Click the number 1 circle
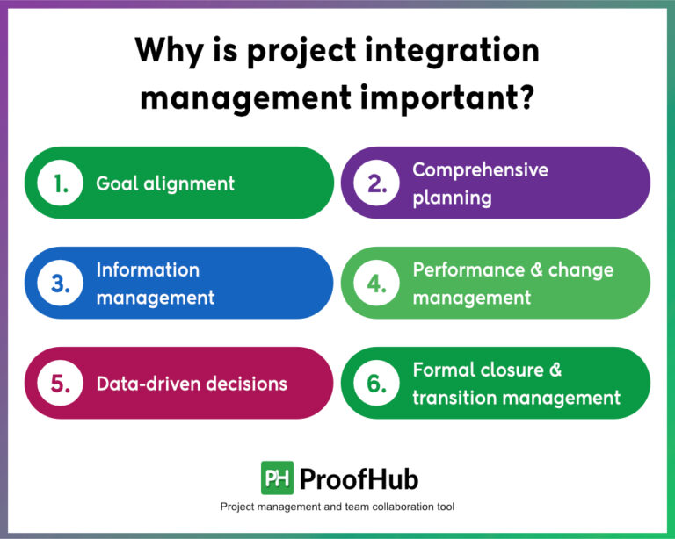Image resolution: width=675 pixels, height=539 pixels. (x=61, y=183)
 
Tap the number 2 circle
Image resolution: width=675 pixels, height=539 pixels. (x=377, y=183)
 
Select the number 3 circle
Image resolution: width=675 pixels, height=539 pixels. (x=61, y=283)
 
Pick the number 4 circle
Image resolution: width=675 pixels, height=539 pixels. (x=377, y=283)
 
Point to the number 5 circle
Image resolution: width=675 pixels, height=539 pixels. (x=61, y=383)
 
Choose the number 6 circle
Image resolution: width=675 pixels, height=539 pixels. (x=377, y=383)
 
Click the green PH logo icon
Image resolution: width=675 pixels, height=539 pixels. (x=277, y=478)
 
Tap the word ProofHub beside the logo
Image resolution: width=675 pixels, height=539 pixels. (x=359, y=479)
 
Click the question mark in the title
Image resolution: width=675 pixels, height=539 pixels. (x=526, y=96)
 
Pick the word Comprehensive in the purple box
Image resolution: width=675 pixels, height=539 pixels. (x=480, y=169)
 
